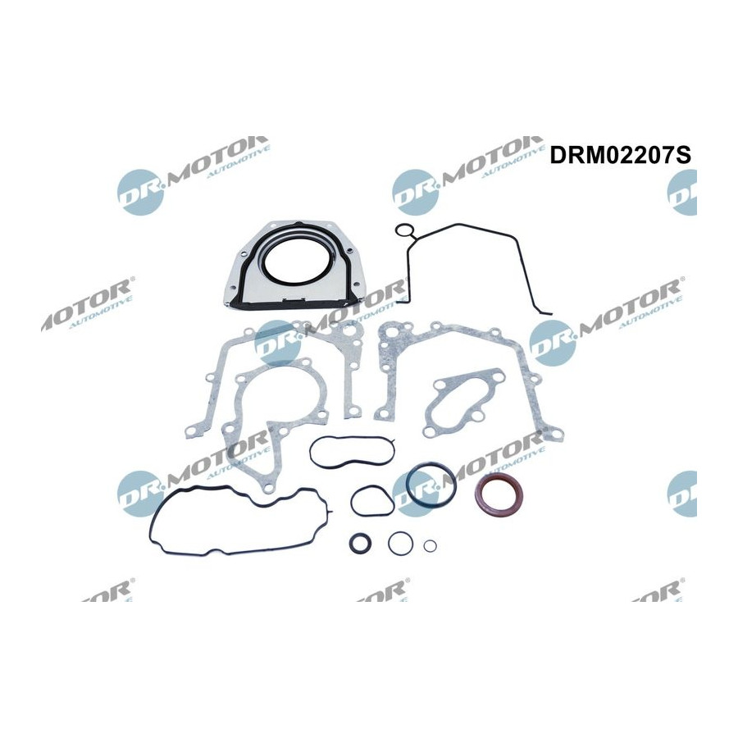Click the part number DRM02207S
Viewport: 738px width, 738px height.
point(620,155)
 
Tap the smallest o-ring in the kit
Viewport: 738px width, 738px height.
point(430,546)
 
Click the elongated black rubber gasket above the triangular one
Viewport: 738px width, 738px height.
point(312,452)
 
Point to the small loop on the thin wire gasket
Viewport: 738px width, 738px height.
point(403,230)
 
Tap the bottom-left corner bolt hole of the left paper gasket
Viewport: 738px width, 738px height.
point(192,431)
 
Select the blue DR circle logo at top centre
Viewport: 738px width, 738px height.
point(416,193)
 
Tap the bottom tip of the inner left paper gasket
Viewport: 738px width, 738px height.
point(268,490)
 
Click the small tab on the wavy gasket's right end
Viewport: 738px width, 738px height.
point(333,512)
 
